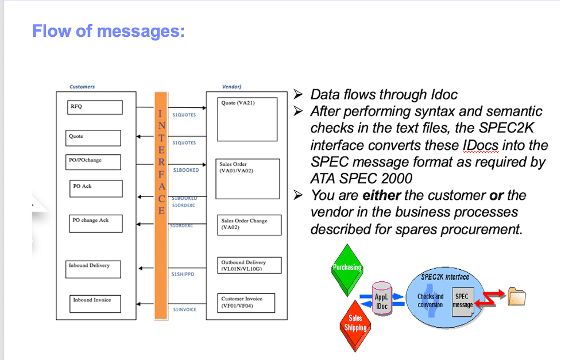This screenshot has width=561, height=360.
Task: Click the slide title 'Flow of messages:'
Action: click(x=109, y=30)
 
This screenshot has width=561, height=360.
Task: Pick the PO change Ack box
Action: click(x=96, y=223)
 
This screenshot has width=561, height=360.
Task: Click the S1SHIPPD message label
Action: click(x=183, y=274)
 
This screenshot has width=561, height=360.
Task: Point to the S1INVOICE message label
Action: click(x=184, y=309)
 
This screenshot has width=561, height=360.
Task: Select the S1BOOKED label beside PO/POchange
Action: click(x=186, y=170)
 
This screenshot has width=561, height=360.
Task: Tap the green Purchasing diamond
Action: click(x=347, y=268)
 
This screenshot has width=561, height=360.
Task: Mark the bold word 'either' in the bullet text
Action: click(x=380, y=195)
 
